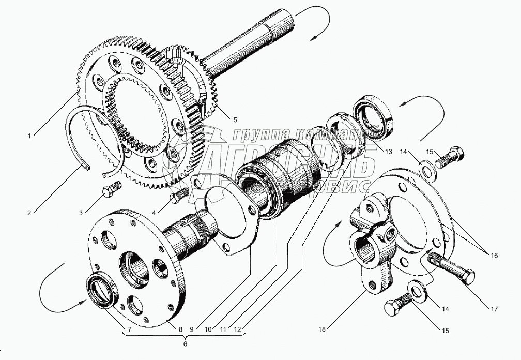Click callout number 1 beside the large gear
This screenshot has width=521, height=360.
tap(30, 136)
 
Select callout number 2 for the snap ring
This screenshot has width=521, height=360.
tap(30, 212)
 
